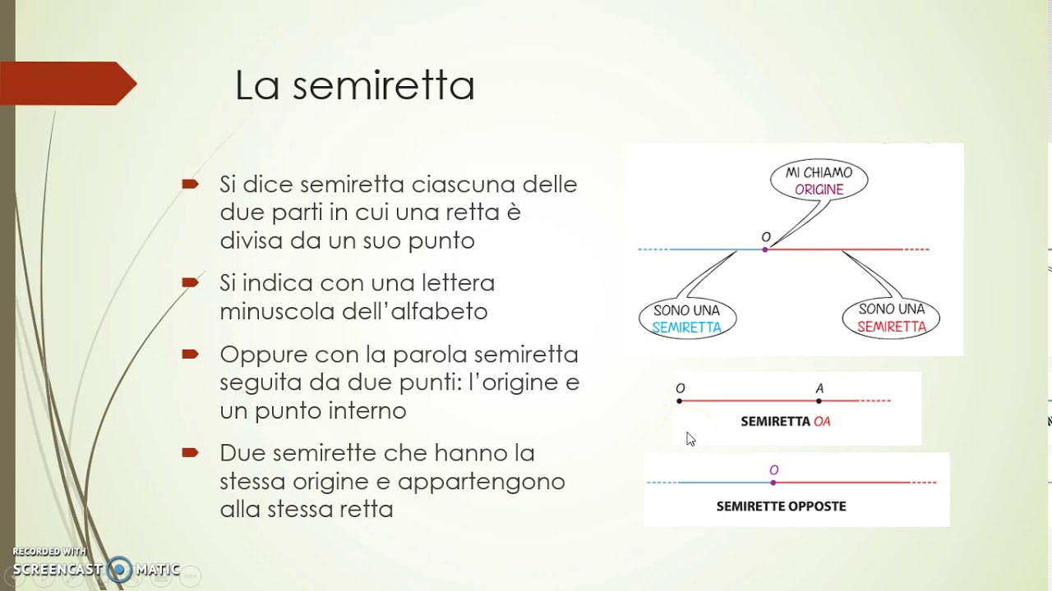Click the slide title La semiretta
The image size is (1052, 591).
[354, 85]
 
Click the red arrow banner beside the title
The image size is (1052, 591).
[69, 84]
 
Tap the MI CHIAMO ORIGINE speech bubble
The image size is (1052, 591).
[819, 181]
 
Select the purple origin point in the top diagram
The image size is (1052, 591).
[765, 249]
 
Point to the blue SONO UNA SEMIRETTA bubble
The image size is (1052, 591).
[687, 318]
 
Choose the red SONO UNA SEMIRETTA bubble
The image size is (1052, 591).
[891, 318]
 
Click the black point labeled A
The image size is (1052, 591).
[819, 401]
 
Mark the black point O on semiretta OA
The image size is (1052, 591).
[680, 401]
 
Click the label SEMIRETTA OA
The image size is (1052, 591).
[786, 422]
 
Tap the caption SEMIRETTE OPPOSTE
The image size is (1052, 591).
[781, 506]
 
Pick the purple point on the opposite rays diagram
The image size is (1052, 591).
[773, 483]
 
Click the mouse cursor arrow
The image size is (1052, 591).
[690, 439]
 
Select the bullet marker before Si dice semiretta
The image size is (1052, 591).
[191, 184]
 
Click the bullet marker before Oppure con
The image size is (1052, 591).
[191, 355]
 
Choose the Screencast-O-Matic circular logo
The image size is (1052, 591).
[120, 569]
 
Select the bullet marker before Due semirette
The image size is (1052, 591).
[191, 453]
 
